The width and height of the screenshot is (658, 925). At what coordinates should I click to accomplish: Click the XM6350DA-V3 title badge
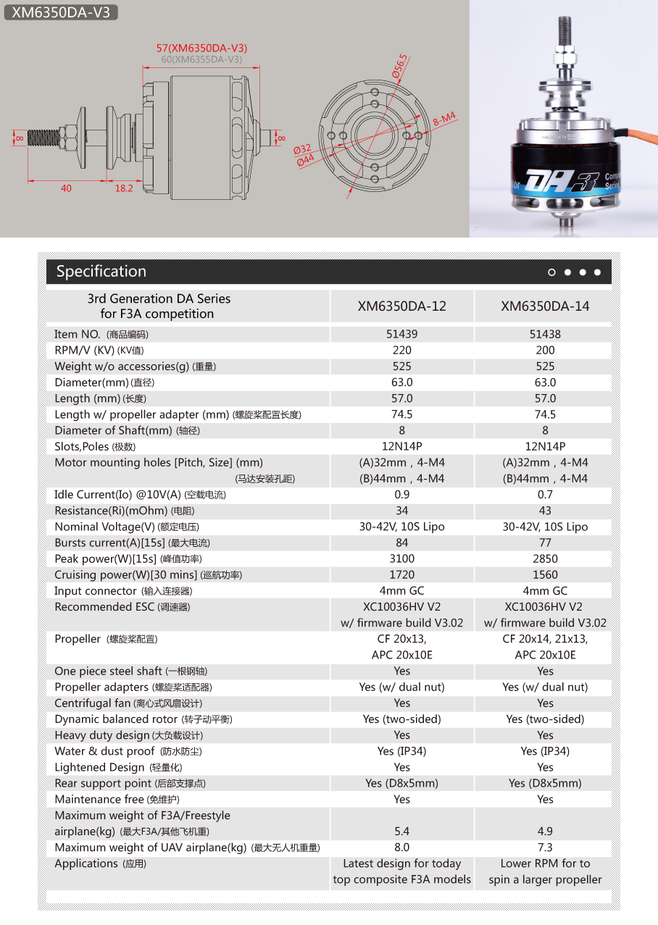click(x=61, y=12)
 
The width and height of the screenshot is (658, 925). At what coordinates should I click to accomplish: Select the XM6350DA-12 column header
click(x=401, y=306)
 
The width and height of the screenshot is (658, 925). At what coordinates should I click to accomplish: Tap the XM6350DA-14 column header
click(x=545, y=306)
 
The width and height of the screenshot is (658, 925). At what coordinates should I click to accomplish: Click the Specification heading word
click(x=101, y=272)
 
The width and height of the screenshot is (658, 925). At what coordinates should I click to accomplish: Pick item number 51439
click(x=401, y=335)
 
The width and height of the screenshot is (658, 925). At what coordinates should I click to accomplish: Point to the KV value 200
click(x=545, y=351)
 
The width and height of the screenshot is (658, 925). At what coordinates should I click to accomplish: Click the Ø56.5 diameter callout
click(x=401, y=66)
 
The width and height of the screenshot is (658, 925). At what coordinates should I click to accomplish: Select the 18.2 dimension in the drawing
click(x=124, y=188)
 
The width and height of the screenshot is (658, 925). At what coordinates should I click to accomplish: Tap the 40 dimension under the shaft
click(x=66, y=188)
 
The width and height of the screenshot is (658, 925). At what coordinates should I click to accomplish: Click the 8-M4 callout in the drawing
click(x=443, y=120)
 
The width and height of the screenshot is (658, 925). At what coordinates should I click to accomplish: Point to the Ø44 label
click(x=305, y=160)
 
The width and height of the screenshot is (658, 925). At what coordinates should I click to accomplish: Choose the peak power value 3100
click(x=401, y=559)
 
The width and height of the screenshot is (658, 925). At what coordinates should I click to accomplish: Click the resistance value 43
click(x=545, y=511)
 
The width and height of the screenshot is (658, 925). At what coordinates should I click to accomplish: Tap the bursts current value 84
click(x=401, y=543)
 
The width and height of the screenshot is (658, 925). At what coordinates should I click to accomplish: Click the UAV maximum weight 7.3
click(x=545, y=847)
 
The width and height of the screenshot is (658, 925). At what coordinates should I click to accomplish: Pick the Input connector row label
click(x=95, y=591)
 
